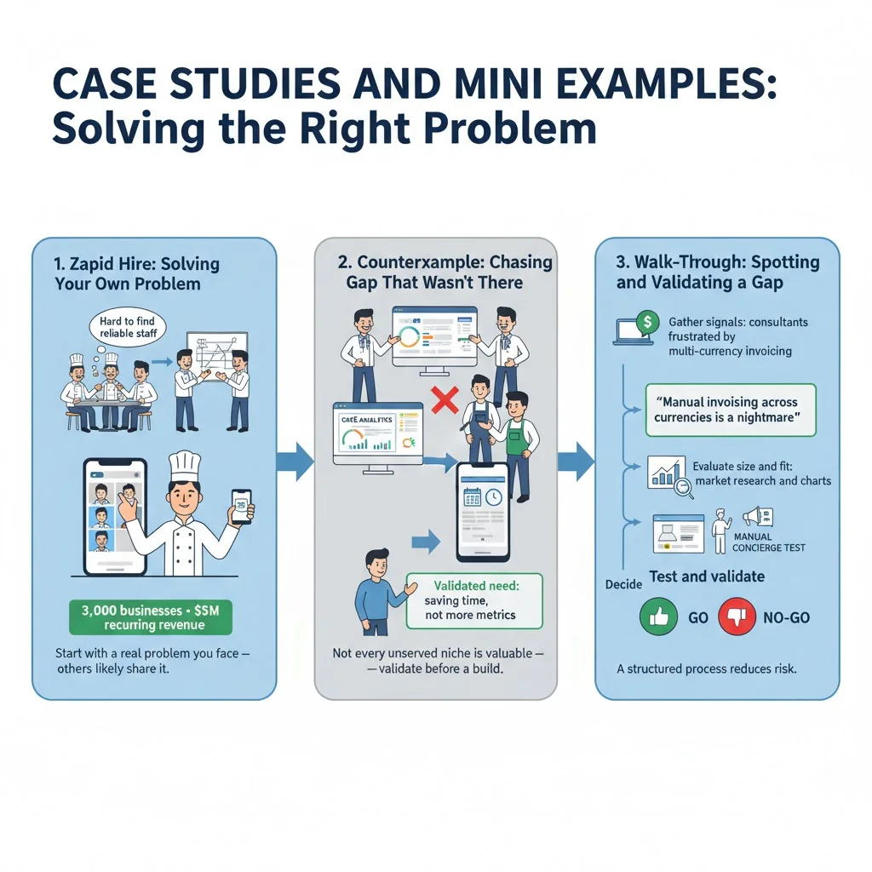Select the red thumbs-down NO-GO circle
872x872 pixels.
pyautogui.click(x=737, y=617)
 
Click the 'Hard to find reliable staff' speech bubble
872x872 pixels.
pyautogui.click(x=129, y=326)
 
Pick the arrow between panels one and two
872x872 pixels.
pyautogui.click(x=295, y=462)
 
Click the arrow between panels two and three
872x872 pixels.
pyautogui.click(x=577, y=462)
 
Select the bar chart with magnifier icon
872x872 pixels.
pyautogui.click(x=667, y=473)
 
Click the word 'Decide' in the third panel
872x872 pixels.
pyautogui.click(x=622, y=585)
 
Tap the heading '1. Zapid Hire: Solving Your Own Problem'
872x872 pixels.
pyautogui.click(x=137, y=273)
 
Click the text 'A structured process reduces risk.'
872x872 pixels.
pyautogui.click(x=706, y=668)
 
